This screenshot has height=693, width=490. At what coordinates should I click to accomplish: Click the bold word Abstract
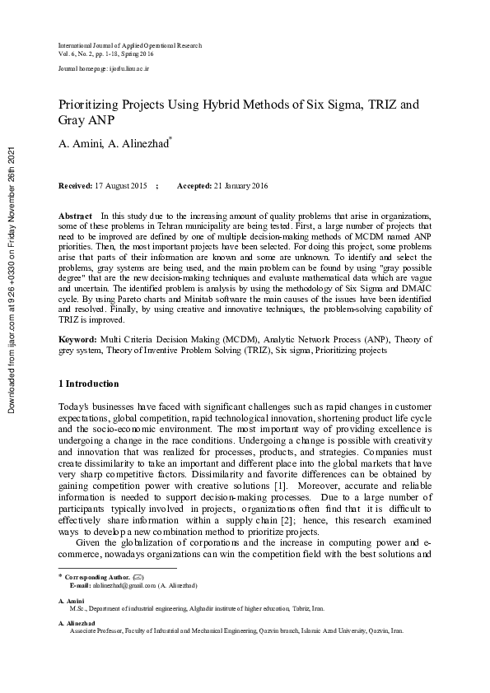(x=75, y=215)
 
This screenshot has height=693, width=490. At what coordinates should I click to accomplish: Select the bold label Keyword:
(x=77, y=339)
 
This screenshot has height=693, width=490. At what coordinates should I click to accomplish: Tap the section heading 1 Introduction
(x=90, y=384)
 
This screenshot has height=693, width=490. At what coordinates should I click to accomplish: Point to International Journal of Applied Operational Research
(x=130, y=45)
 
